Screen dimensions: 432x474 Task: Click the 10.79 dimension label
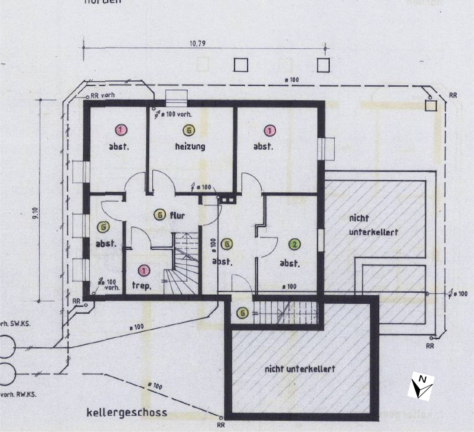(x=197, y=44)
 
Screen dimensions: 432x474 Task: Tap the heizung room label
(x=190, y=147)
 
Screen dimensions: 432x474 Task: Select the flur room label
(x=178, y=216)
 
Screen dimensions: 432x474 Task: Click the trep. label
(x=141, y=286)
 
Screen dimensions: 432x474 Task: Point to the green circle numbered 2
(x=295, y=244)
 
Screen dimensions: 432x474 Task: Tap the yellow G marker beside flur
(x=160, y=215)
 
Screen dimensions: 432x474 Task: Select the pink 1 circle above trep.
(x=144, y=271)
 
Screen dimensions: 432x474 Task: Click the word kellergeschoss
(x=127, y=412)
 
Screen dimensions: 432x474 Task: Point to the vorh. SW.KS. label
(x=15, y=324)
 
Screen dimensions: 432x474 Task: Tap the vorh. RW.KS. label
(x=18, y=394)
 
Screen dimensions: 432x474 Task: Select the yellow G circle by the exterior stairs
(x=243, y=313)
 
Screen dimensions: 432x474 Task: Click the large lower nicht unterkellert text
(x=300, y=369)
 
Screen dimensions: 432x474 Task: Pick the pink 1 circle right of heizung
(x=270, y=131)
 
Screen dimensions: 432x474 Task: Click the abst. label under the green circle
(x=290, y=263)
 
